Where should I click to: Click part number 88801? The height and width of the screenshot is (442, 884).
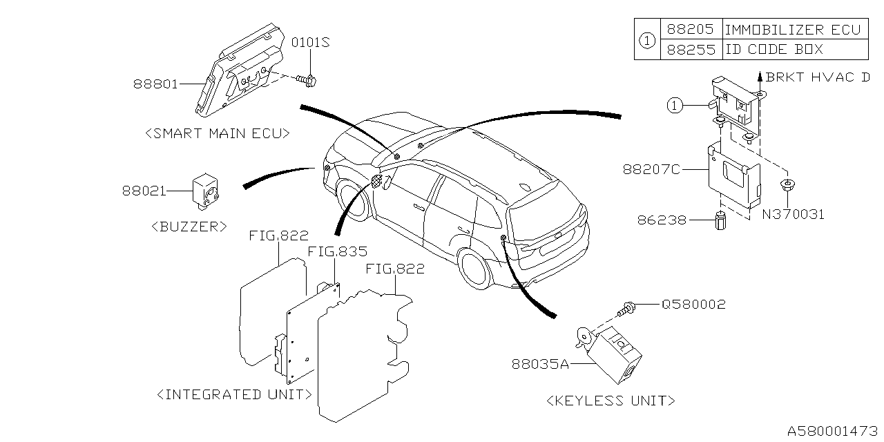[x=156, y=84]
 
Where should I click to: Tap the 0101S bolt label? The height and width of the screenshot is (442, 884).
[x=310, y=43]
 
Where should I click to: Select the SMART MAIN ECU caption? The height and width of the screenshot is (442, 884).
[x=217, y=134]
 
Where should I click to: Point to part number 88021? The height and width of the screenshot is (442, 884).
[x=145, y=190]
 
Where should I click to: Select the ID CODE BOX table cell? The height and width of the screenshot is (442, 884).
[x=773, y=50]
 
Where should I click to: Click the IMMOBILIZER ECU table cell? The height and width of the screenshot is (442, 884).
[x=792, y=30]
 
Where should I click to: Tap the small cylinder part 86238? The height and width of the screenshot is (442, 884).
[x=720, y=222]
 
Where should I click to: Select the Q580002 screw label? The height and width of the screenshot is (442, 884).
[x=693, y=304]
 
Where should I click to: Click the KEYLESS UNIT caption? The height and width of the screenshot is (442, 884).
[x=611, y=401]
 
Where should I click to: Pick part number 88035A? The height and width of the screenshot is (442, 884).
[x=541, y=363]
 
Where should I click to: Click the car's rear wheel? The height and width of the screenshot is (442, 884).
[x=474, y=269]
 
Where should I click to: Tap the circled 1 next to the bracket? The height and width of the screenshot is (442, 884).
[x=675, y=105]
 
